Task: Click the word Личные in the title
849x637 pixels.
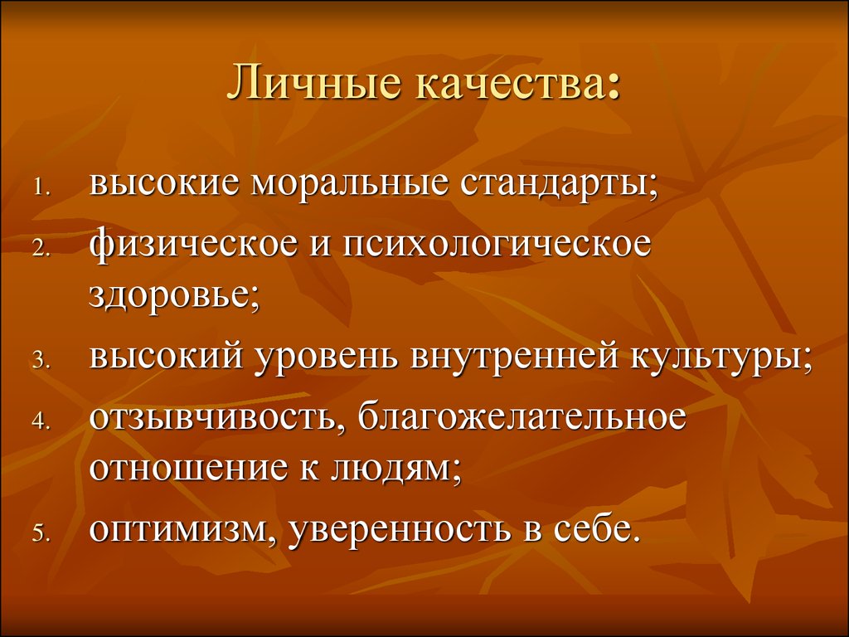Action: (x=315, y=83)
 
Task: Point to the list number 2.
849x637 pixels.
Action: (x=41, y=249)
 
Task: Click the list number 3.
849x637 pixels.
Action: (x=41, y=362)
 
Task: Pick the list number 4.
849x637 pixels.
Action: (x=41, y=422)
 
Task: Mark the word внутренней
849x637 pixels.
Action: (x=514, y=357)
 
